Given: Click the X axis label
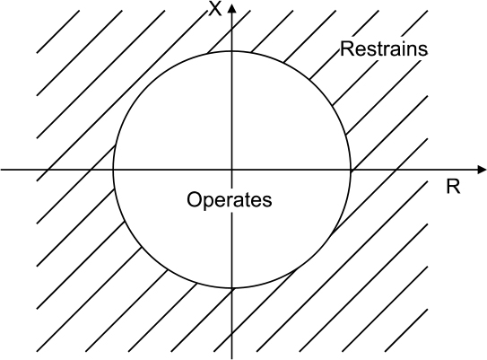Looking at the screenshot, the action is click(215, 8).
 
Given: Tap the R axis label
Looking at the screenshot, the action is click(453, 187).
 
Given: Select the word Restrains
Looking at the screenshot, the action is click(384, 48).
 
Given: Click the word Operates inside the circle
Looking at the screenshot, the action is click(230, 199).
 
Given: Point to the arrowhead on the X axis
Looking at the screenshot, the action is click(231, 8).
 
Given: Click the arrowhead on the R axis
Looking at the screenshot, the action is click(482, 170).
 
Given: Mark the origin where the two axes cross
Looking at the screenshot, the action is click(231, 170).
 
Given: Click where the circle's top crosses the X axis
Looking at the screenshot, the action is click(231, 51).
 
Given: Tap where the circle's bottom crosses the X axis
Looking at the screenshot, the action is click(231, 288).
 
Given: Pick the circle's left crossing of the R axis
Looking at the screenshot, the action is click(113, 170).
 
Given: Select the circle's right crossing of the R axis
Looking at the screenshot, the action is click(351, 170).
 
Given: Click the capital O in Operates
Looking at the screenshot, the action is click(194, 199).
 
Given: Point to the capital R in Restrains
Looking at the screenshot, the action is click(347, 48).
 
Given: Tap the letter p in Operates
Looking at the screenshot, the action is click(208, 202).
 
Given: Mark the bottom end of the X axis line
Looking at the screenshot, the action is click(231, 359).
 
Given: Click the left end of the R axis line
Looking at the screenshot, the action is click(1, 170).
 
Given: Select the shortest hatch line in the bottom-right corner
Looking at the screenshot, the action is click(406, 330).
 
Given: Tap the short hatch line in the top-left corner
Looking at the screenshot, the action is click(58, 31).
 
